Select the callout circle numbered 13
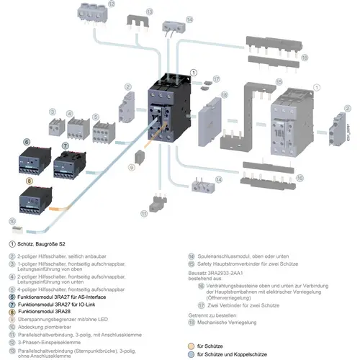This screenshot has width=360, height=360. pos(130,12)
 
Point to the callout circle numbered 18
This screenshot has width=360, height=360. pos(224,94)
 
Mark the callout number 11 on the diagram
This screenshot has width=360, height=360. pos(145,213)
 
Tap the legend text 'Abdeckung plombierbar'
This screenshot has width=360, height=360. pos(48,310)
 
